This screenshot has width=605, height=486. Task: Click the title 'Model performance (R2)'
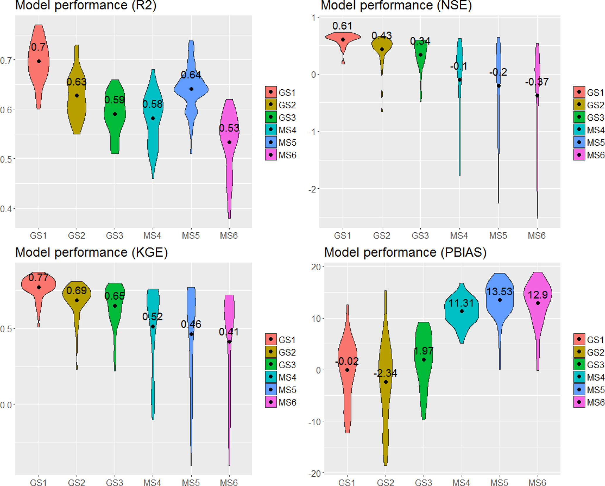coord(86,5)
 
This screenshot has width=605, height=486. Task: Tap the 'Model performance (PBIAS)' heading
coord(405,252)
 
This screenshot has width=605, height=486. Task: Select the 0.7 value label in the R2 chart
coord(38,47)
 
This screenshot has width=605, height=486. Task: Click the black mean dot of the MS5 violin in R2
coord(191,89)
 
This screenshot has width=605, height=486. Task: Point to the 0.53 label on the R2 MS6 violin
coord(229,128)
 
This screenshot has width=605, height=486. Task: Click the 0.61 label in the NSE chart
coord(342,26)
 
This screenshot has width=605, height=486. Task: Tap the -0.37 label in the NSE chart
coord(537,82)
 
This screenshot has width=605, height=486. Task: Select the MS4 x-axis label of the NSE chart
coord(459,236)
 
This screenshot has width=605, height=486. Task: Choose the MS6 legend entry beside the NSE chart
coord(589,155)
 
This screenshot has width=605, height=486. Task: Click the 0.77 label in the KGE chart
coord(38,277)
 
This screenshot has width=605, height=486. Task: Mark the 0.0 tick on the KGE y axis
coord(6,405)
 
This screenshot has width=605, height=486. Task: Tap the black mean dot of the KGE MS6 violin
coord(229,342)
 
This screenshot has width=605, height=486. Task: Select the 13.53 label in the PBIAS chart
coord(499,291)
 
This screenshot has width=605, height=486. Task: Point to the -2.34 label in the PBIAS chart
coord(385,373)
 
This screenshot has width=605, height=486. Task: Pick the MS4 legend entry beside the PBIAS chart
coord(589,377)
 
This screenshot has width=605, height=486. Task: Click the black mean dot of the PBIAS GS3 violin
coord(424,360)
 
